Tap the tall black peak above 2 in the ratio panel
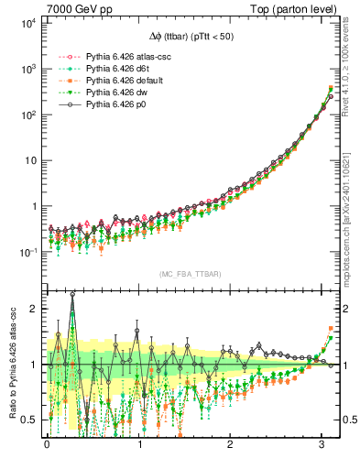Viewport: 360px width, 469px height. point(72,296)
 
